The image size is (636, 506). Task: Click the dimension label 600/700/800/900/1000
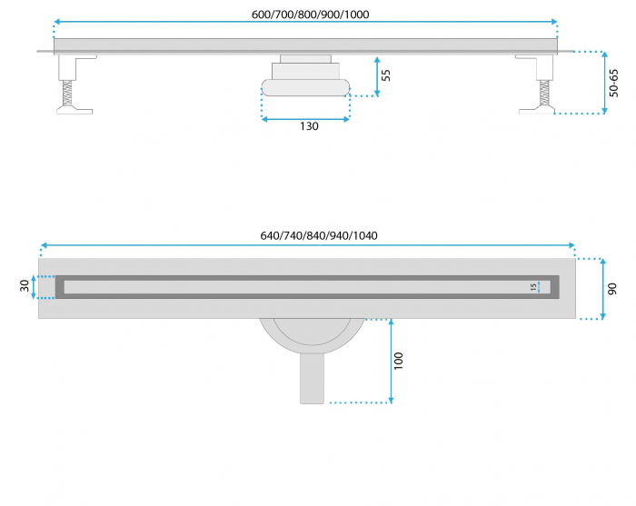(x=304, y=14)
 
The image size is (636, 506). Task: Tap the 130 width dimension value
(x=309, y=126)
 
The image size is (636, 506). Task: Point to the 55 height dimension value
(x=386, y=74)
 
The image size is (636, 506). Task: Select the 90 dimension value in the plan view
(x=613, y=288)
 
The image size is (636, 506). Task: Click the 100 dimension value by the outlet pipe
(x=399, y=360)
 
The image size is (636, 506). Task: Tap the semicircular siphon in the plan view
(x=311, y=335)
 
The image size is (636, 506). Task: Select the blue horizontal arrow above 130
(x=305, y=118)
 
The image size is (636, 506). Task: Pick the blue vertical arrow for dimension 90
(x=602, y=288)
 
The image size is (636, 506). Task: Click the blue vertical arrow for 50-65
(x=604, y=82)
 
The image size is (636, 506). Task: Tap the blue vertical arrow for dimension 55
(x=377, y=75)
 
